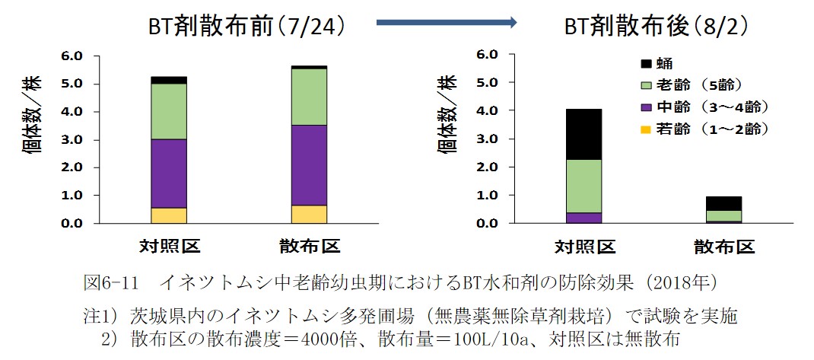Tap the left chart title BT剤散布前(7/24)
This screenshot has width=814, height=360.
247,26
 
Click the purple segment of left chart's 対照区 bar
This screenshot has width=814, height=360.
169,173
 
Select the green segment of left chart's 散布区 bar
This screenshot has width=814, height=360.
309,97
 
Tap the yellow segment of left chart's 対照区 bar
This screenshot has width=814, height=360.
169,215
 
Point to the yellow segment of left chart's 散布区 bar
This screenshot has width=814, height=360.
309,214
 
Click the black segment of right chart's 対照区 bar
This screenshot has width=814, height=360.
583,134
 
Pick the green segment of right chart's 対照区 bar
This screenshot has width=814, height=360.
583,186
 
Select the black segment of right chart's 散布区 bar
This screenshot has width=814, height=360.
723,203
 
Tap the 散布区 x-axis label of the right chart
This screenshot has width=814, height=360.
723,247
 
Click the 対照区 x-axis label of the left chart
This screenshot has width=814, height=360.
169,247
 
